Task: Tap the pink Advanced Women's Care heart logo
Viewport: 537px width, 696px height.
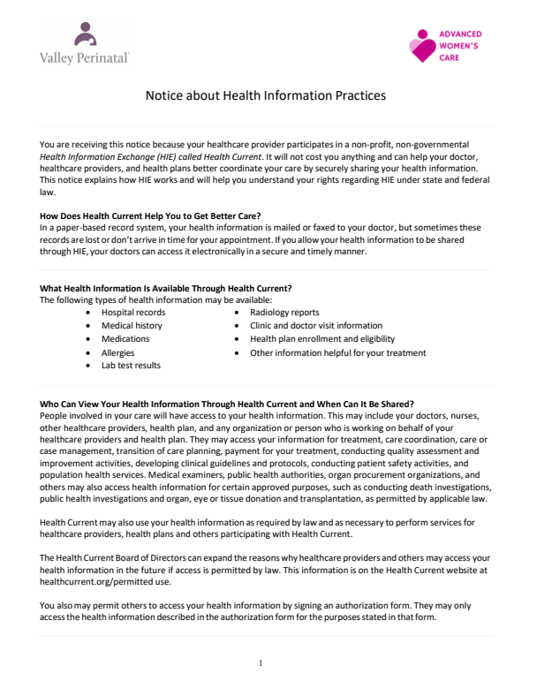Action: click(x=422, y=45)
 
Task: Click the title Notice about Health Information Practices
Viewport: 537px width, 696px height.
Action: click(x=266, y=95)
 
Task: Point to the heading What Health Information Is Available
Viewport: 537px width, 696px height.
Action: click(x=166, y=288)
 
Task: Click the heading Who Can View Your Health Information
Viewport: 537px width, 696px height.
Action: click(x=227, y=404)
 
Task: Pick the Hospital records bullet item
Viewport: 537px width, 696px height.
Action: click(x=133, y=313)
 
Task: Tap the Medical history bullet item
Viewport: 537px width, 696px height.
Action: click(x=132, y=326)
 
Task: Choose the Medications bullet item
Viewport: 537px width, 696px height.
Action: click(x=125, y=339)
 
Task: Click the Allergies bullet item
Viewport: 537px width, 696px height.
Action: click(x=118, y=352)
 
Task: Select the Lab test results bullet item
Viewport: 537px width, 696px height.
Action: click(x=131, y=366)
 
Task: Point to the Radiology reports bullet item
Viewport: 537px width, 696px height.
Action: click(x=284, y=313)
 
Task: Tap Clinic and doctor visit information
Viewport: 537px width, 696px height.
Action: click(x=316, y=326)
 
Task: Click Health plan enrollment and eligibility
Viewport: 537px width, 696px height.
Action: click(x=322, y=339)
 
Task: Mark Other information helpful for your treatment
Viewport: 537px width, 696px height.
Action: click(x=338, y=352)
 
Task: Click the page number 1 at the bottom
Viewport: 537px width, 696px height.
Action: click(x=262, y=662)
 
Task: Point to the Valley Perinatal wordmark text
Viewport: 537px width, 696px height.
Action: click(x=85, y=57)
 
